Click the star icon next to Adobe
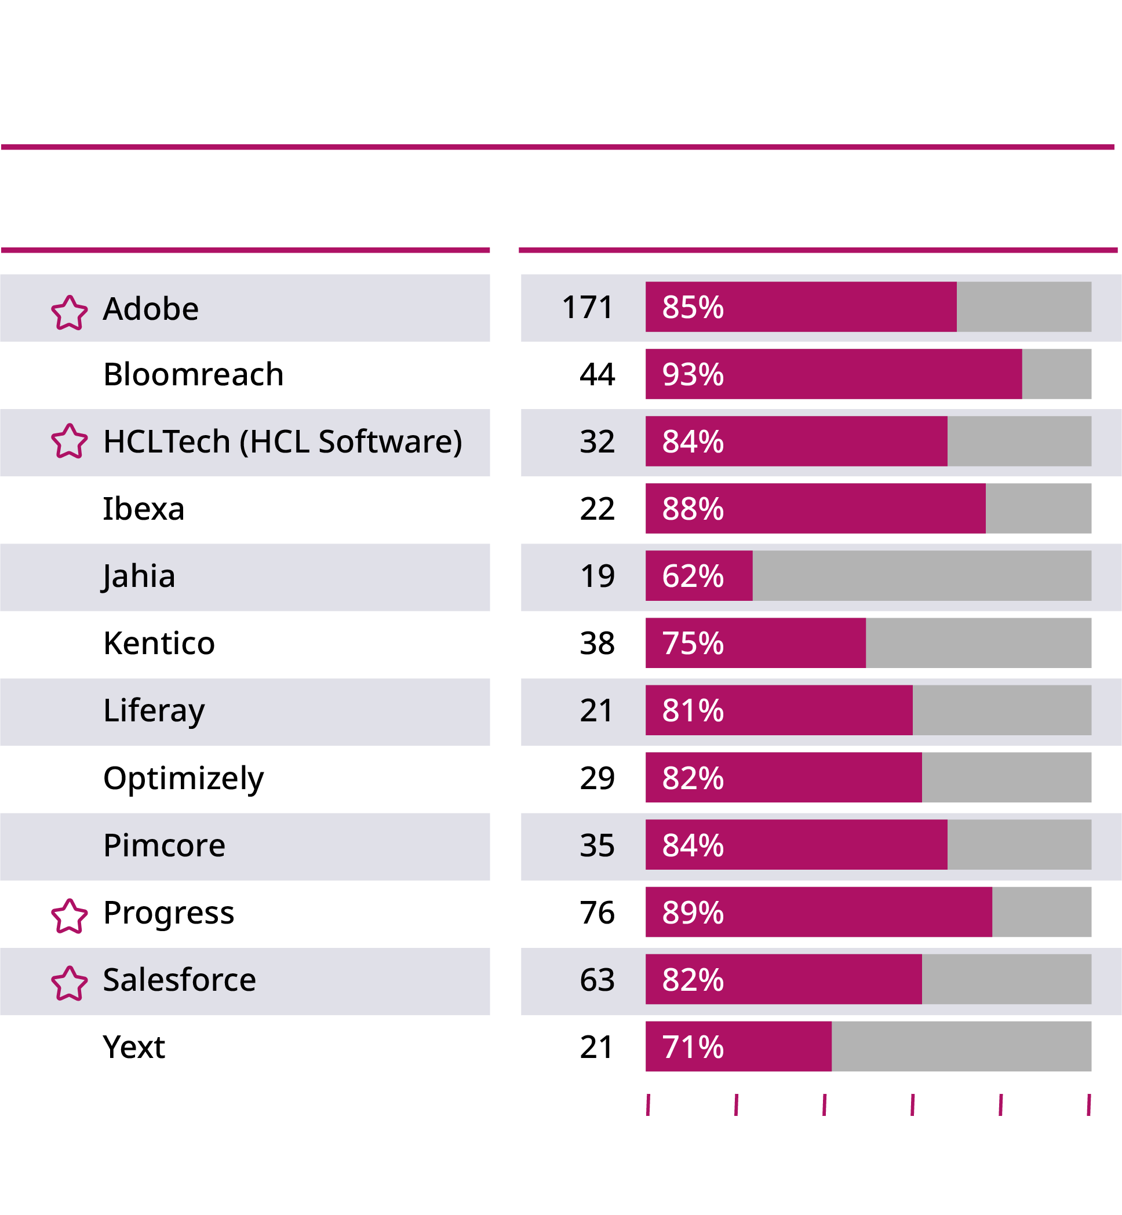pos(68,312)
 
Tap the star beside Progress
pos(68,916)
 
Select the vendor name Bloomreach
pos(193,374)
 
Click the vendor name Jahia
pos(139,577)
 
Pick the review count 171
pos(587,307)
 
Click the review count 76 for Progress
pos(597,912)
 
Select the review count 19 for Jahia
pos(597,576)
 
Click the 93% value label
pos(693,374)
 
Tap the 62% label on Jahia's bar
pos(693,576)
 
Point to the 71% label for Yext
pos(693,1047)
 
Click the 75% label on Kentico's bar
pos(693,643)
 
